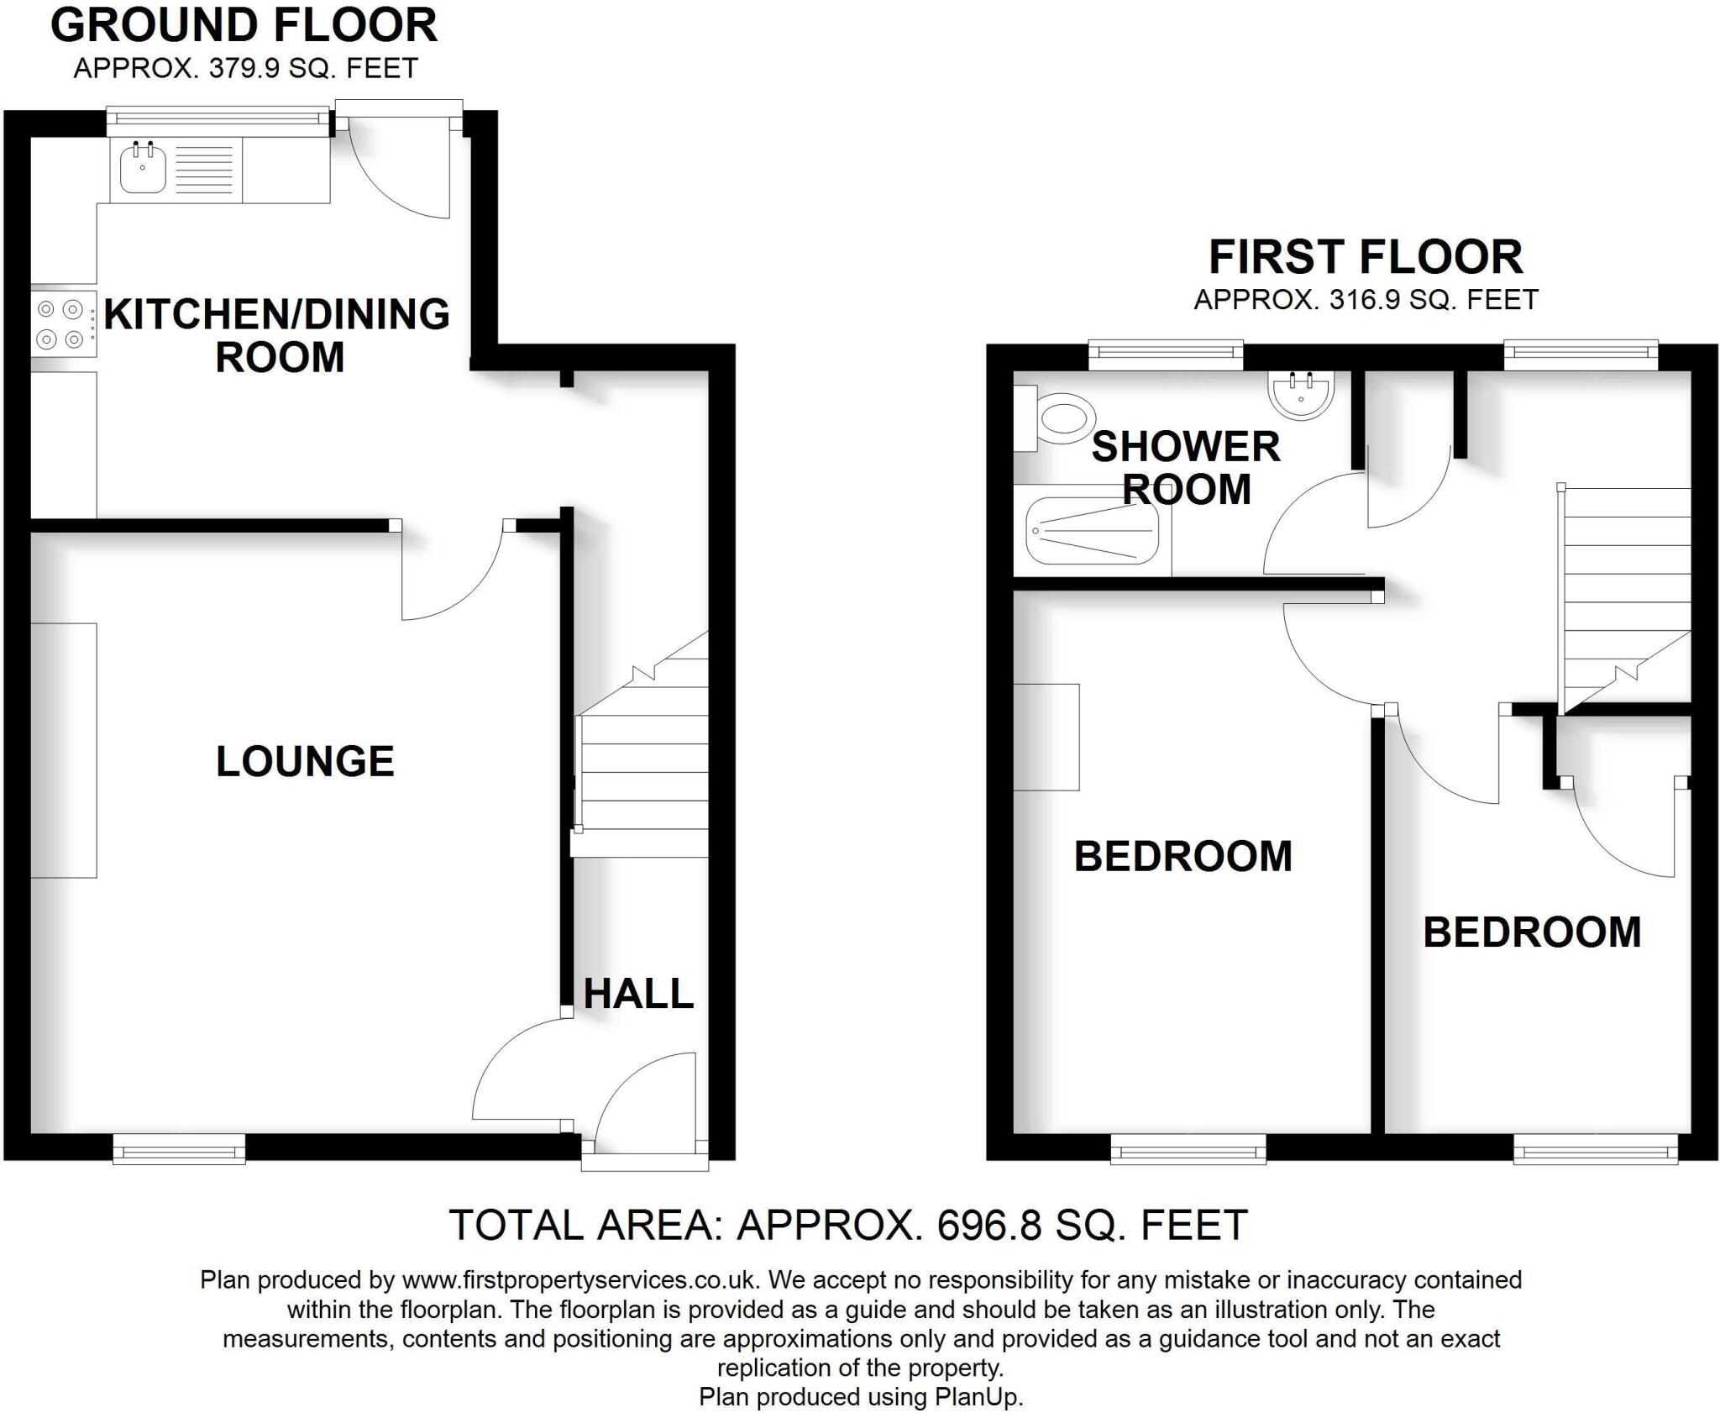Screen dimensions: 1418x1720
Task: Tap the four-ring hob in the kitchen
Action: [x=61, y=324]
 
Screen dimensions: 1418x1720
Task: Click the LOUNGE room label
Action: [x=305, y=762]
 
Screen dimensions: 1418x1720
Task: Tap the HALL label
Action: [x=638, y=995]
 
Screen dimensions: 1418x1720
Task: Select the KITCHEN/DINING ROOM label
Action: [x=277, y=335]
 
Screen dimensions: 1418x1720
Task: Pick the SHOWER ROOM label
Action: [x=1186, y=468]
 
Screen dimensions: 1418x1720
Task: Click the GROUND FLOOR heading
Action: [x=244, y=25]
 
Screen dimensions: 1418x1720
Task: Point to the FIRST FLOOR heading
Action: [x=1366, y=257]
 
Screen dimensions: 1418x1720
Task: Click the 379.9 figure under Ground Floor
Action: [x=244, y=68]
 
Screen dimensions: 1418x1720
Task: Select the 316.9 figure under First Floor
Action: [x=1365, y=300]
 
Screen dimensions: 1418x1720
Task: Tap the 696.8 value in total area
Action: [x=989, y=1226]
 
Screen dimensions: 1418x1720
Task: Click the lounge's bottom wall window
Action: [x=179, y=1149]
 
